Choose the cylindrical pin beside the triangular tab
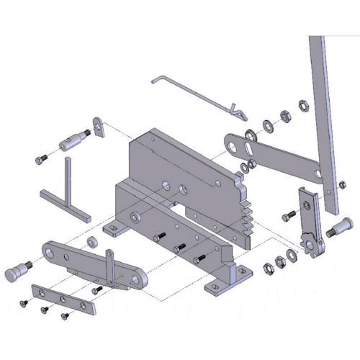click(x=72, y=140)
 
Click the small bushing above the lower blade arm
click(x=93, y=241)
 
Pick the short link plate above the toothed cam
click(x=305, y=209)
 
